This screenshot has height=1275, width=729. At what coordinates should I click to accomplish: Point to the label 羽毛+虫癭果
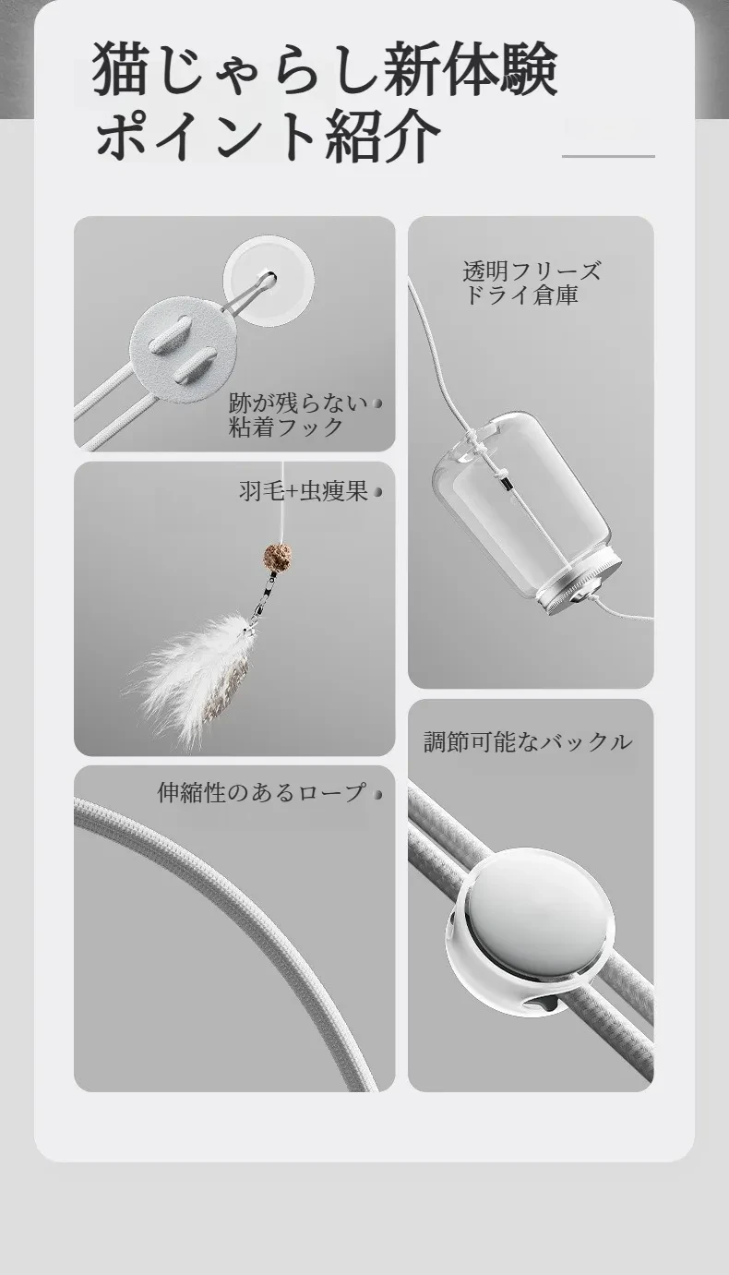pyautogui.click(x=304, y=491)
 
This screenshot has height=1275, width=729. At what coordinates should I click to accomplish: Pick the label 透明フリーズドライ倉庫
pyautogui.click(x=531, y=283)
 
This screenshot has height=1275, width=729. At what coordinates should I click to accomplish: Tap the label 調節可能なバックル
pyautogui.click(x=528, y=742)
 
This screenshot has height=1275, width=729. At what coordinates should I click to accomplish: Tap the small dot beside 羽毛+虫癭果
pyautogui.click(x=377, y=492)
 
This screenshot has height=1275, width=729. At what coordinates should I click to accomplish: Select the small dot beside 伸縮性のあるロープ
pyautogui.click(x=377, y=794)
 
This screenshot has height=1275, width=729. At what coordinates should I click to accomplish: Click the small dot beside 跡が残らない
pyautogui.click(x=376, y=403)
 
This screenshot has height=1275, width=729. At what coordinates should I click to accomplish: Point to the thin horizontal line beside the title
pyautogui.click(x=608, y=156)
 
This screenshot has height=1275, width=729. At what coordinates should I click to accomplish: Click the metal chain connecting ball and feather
pyautogui.click(x=265, y=595)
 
